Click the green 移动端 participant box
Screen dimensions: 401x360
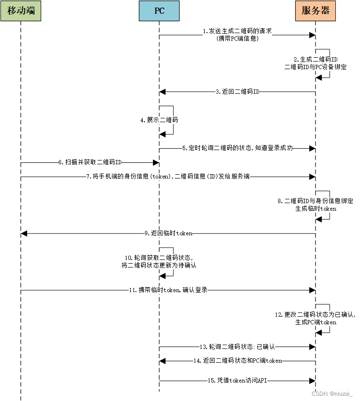point(21,10)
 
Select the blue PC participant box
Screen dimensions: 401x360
point(159,10)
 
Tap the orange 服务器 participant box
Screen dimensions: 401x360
point(315,10)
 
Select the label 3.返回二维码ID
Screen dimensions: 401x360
point(237,91)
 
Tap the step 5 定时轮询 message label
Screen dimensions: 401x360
point(237,148)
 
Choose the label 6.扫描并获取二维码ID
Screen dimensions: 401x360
point(90,162)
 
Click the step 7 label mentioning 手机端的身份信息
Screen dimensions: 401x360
point(168,177)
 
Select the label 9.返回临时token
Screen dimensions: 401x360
point(168,233)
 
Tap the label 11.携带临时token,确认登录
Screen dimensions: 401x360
point(168,290)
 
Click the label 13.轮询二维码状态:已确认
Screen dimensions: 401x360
point(237,347)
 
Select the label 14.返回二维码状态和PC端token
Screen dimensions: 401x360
point(237,361)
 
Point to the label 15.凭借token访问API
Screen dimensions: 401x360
point(237,380)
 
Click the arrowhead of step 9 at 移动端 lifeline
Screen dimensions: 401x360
point(24,233)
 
